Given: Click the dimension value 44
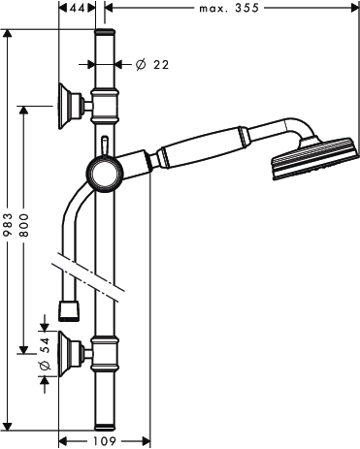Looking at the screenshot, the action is pyautogui.click(x=78, y=8).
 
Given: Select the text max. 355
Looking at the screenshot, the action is pyautogui.click(x=229, y=8).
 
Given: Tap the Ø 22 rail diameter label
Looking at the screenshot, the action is pyautogui.click(x=152, y=65).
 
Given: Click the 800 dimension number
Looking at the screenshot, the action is pyautogui.click(x=23, y=225).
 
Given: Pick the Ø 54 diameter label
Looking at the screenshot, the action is pyautogui.click(x=45, y=354).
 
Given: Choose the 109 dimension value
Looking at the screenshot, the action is pyautogui.click(x=104, y=441).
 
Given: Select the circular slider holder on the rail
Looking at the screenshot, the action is pyautogui.click(x=105, y=174).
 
